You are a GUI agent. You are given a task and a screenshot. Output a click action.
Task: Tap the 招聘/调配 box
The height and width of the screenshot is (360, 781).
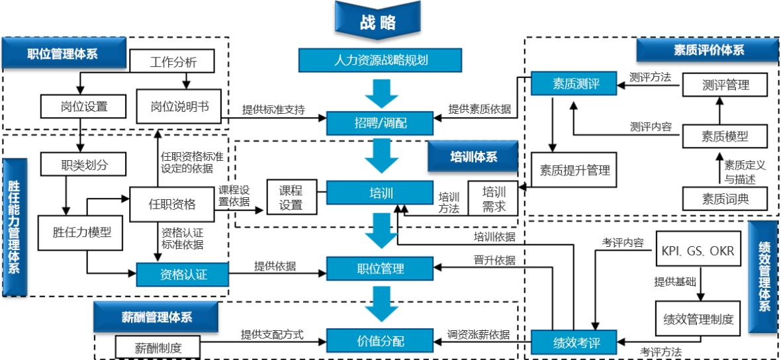point(380,122)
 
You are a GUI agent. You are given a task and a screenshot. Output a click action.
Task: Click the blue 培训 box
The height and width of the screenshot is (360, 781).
point(381,193)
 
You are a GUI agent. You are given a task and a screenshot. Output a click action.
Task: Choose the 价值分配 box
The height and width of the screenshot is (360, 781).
point(380,341)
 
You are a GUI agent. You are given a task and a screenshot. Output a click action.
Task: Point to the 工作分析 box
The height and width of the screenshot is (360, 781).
point(173,63)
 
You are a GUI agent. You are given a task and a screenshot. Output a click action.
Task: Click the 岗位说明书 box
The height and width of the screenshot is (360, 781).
point(179,106)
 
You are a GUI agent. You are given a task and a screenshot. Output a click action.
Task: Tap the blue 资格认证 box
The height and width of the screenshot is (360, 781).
point(182,273)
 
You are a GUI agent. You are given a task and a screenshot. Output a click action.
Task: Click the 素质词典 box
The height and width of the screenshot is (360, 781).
point(725,198)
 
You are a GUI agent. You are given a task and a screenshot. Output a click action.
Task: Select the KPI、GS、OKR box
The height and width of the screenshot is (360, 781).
point(698,251)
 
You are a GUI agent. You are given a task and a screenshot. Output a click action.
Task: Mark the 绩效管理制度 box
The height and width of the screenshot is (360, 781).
point(698,319)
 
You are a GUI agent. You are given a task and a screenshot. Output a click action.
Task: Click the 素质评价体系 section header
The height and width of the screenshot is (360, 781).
point(708,50)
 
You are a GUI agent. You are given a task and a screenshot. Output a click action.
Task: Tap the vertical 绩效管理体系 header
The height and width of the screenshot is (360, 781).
point(764,276)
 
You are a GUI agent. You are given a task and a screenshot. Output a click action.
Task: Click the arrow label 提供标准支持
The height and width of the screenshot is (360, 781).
point(273,110)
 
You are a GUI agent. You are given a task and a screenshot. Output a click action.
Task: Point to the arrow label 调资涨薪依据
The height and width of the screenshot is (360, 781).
point(478,335)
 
